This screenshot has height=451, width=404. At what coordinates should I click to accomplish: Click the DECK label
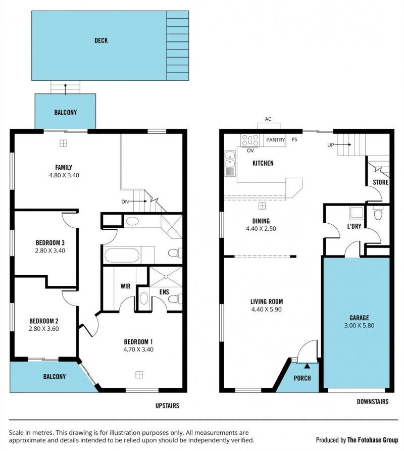[101, 40]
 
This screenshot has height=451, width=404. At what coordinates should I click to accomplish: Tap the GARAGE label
[359, 318]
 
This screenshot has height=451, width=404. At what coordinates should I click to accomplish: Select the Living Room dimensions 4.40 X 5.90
[267, 310]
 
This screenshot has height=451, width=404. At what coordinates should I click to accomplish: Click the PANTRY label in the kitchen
[275, 140]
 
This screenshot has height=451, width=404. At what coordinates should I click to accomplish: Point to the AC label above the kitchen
[268, 119]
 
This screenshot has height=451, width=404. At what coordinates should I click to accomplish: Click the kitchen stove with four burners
[250, 140]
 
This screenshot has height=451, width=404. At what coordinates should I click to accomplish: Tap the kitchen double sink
[230, 163]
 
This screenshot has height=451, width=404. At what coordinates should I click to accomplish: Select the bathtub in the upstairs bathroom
[122, 255]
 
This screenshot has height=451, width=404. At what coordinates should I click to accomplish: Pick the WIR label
[125, 286]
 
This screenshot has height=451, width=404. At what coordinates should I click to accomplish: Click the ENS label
[164, 292]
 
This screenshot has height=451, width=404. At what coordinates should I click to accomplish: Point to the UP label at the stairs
[331, 145]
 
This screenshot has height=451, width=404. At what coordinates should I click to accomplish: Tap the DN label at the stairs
[125, 202]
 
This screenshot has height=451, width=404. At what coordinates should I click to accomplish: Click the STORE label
[381, 182]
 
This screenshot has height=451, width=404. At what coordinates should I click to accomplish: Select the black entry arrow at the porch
[307, 366]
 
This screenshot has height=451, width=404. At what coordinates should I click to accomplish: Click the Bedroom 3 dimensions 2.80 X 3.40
[50, 250]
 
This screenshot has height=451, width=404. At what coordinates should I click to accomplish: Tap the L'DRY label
[354, 226]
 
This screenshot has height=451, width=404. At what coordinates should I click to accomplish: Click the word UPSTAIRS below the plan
[167, 406]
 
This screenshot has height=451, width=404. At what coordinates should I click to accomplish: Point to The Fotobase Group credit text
[373, 440]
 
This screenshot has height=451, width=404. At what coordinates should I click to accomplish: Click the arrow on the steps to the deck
[65, 89]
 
